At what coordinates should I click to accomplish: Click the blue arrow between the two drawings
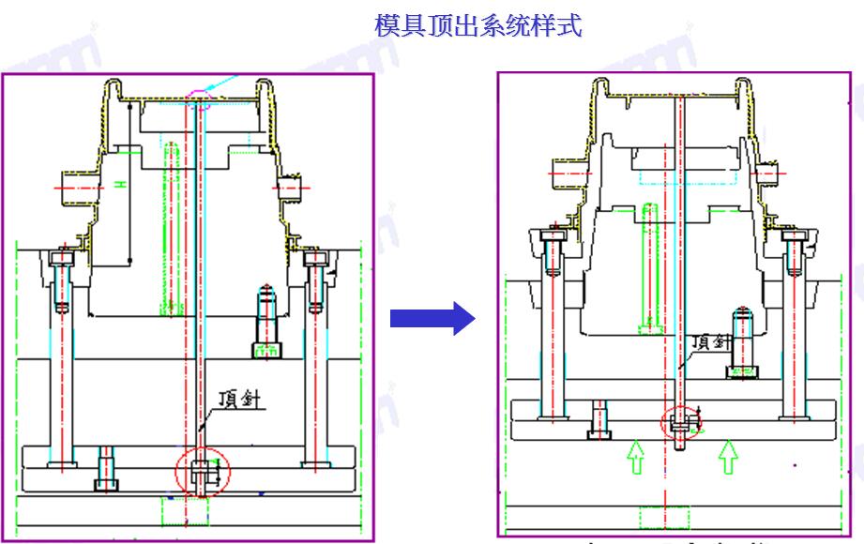pos(433,319)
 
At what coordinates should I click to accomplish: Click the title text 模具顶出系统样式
pos(478,26)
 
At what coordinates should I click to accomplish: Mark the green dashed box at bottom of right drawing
pos(664,518)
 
